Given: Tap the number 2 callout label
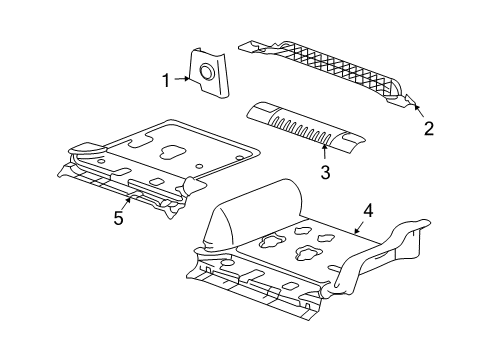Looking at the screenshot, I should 428,127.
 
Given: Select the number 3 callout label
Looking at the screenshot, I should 325,173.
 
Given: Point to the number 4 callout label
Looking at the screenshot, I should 368,211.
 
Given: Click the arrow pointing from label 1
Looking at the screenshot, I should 183,77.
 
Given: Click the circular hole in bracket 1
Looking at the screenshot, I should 206,72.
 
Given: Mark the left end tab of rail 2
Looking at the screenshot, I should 250,45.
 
